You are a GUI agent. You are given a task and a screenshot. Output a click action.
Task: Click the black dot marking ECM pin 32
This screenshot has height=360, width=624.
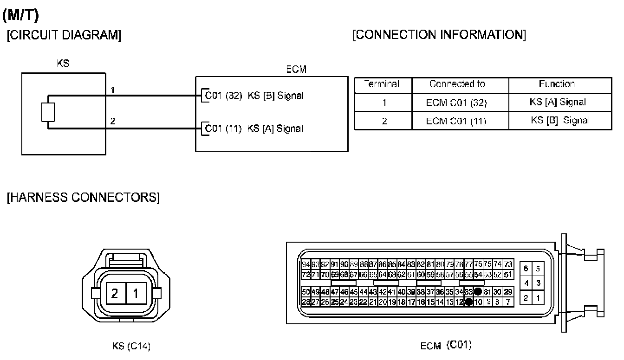tap(478, 292)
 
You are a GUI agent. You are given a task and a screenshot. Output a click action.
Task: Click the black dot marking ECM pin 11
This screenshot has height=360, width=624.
tap(469, 302)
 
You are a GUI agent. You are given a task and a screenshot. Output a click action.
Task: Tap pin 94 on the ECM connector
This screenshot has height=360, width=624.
tap(306, 264)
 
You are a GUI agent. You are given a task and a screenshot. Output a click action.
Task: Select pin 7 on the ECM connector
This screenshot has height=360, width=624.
tap(508, 302)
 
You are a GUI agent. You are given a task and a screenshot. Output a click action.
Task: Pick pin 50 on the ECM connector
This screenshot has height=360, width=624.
tap(306, 292)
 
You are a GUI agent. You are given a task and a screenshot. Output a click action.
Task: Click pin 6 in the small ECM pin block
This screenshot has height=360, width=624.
tap(526, 269)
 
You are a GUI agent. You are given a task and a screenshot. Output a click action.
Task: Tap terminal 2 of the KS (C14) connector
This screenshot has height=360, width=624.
tap(115, 293)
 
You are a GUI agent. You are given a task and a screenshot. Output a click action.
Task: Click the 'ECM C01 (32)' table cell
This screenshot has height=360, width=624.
tap(456, 103)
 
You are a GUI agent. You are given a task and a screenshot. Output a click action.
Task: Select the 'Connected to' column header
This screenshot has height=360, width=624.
tap(457, 84)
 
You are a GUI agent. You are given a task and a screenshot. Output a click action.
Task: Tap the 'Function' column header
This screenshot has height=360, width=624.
tap(557, 84)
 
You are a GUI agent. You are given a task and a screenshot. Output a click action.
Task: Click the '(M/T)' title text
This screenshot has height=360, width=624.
tap(20, 15)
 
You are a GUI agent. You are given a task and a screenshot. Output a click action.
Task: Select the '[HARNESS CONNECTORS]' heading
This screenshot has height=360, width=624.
tap(83, 198)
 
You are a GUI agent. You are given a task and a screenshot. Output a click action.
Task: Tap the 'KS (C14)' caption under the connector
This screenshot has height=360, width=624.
tap(131, 346)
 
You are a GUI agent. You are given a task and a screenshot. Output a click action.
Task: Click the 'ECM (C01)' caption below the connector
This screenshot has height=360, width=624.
tap(446, 346)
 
